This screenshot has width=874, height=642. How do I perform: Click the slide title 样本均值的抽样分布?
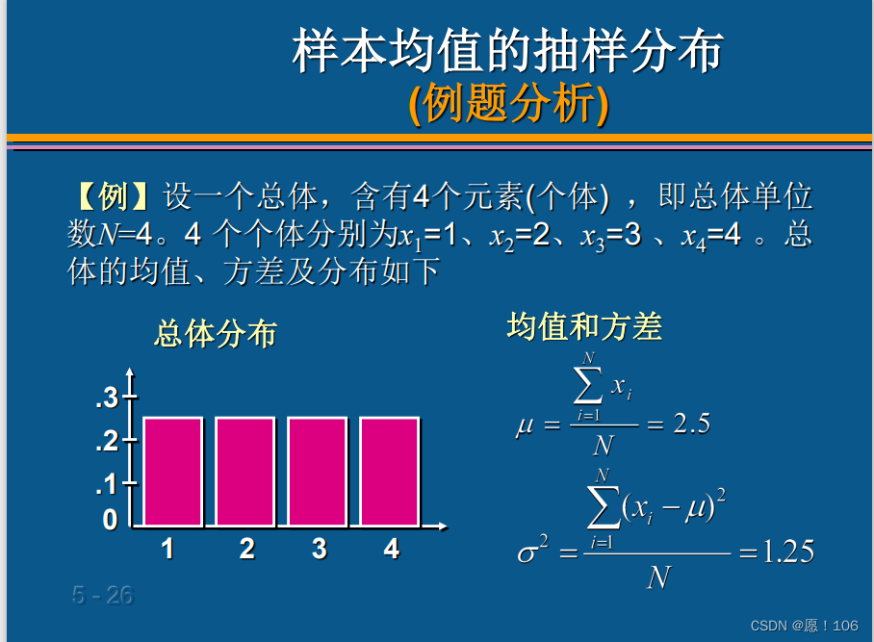tap(508, 50)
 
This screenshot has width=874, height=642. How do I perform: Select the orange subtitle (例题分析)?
tap(508, 104)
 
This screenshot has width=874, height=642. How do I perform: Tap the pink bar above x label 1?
tap(173, 472)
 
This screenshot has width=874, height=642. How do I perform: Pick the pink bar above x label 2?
tap(245, 472)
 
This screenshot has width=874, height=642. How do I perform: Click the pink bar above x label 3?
tap(317, 472)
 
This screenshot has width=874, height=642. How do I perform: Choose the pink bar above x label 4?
tap(390, 472)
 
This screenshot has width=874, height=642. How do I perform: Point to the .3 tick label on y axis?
tap(107, 398)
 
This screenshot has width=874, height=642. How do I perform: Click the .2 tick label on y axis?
tap(107, 441)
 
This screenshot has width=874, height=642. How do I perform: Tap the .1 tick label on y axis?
tap(107, 484)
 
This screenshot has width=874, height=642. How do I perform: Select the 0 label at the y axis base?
tap(111, 520)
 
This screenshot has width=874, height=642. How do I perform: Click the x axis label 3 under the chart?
tap(319, 549)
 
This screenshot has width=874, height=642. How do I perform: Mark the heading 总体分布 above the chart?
tap(216, 334)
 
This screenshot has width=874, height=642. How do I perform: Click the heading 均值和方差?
tap(584, 326)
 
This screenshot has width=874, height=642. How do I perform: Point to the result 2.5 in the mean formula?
tap(692, 424)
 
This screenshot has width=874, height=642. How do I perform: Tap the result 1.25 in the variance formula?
tap(787, 552)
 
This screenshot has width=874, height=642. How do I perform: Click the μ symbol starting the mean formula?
tap(525, 427)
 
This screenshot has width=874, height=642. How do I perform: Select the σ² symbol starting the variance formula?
tap(533, 549)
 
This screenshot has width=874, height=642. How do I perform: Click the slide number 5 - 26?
tap(103, 595)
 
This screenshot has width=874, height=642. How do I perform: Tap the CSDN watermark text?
tap(805, 626)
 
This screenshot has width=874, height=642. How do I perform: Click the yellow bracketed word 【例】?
tap(114, 196)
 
